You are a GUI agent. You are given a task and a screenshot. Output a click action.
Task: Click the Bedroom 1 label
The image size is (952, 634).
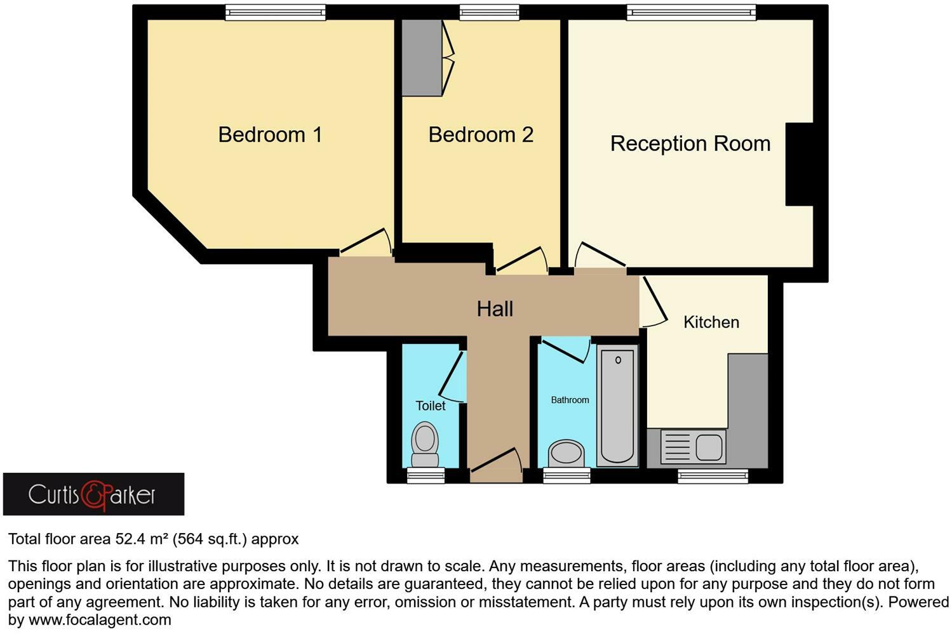[x=270, y=135]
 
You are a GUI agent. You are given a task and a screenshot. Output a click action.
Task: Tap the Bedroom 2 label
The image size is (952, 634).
[x=481, y=135]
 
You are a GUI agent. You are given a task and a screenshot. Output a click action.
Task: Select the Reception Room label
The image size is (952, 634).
[x=690, y=143]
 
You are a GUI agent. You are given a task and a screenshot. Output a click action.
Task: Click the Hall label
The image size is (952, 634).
[x=495, y=309]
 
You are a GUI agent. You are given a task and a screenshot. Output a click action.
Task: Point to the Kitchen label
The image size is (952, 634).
[x=711, y=322]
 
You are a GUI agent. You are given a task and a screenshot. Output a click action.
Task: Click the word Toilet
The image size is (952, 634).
[x=430, y=406]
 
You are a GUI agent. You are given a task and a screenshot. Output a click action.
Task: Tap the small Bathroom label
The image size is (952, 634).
[x=570, y=400]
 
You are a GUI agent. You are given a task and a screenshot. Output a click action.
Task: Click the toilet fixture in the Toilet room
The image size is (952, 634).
[x=425, y=444]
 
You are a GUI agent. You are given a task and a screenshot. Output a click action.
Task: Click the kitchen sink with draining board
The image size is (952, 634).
[x=693, y=447]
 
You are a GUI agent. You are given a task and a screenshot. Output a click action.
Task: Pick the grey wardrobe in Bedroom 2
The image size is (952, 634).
[x=422, y=58]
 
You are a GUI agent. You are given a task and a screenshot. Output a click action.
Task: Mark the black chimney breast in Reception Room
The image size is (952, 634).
[x=799, y=164]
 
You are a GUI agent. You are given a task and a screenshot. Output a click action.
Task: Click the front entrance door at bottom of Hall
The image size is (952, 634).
[x=496, y=464]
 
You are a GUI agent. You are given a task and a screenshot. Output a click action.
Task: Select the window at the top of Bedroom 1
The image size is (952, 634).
[x=276, y=12]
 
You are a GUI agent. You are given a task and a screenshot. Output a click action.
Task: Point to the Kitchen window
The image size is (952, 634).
[x=713, y=476]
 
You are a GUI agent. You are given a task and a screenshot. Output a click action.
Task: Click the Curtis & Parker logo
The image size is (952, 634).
[x=93, y=494]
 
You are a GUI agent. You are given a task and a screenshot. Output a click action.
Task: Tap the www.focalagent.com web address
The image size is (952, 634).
[x=100, y=620]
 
